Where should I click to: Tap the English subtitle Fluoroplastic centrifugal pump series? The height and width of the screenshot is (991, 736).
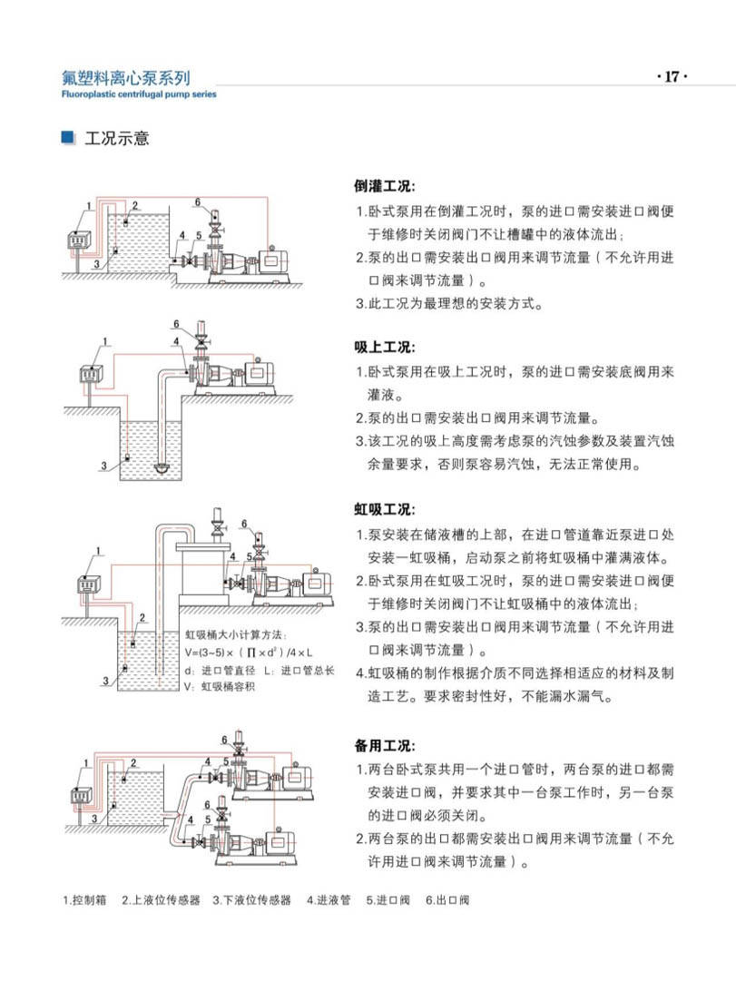point(138,93)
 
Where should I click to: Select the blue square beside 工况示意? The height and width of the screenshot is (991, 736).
point(66,138)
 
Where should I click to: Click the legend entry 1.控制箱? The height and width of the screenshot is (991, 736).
point(85,900)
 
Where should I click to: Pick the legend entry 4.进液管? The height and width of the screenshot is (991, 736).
point(328,900)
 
